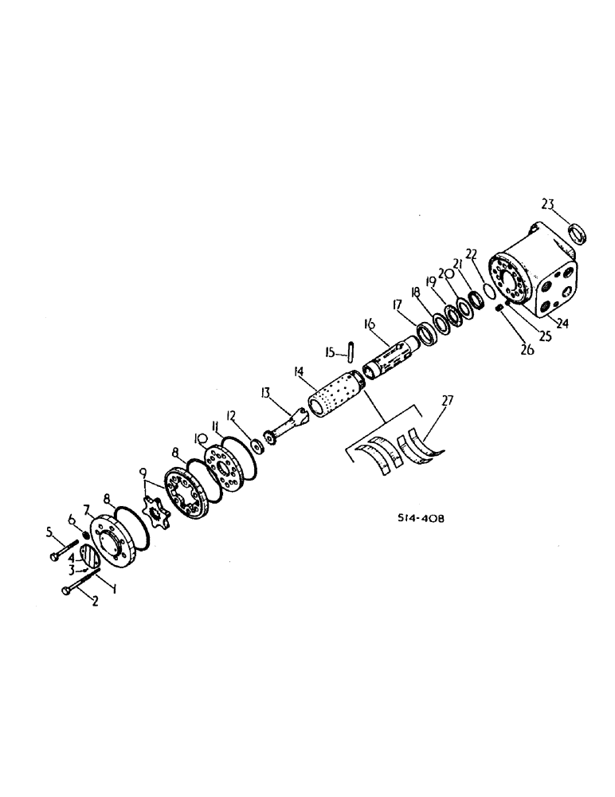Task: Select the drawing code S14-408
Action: click(421, 517)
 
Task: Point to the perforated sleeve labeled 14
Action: click(335, 394)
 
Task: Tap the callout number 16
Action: click(368, 325)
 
